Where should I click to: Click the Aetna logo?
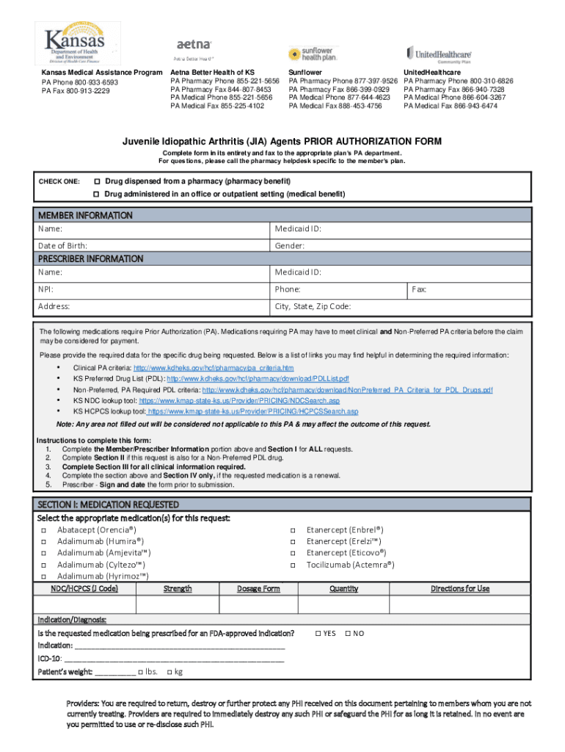tap(193, 48)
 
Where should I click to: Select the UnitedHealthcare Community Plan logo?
tap(439, 53)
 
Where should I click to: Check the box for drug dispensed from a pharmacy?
tap(97, 181)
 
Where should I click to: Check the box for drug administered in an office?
tap(95, 195)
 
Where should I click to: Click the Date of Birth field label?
tap(62, 245)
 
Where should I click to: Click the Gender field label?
tap(290, 245)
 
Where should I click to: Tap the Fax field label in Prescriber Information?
tap(419, 290)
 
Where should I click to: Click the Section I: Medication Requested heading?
tap(108, 505)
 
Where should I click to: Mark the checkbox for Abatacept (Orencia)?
tap(43, 529)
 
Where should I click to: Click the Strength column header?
tap(178, 588)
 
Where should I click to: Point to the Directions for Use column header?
tap(460, 588)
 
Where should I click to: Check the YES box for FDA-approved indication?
tap(318, 633)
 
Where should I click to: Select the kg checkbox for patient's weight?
tap(170, 671)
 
